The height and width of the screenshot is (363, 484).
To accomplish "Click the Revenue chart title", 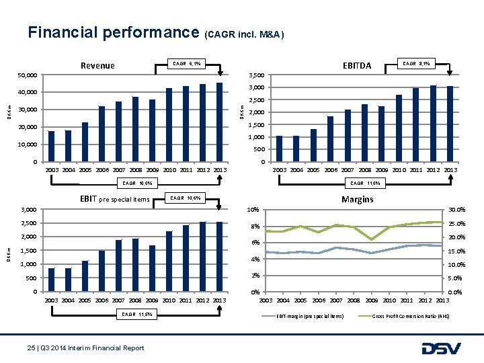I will pos(97,66).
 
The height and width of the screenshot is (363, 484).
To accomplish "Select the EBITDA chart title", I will pos(356,66).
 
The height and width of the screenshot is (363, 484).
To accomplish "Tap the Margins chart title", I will pos(357,199).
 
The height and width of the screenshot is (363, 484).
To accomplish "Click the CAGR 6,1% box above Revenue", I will pos(186,64).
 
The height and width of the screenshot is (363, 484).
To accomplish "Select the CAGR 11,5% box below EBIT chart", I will pos(136,315).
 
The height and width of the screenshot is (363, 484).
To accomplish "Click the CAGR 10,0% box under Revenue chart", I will pos(136,183).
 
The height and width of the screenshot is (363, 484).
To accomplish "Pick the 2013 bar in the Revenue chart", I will pos(220,122).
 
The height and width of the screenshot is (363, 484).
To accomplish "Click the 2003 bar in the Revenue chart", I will pos(52,146).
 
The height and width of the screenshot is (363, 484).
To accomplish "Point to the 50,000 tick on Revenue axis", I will pos(27,75).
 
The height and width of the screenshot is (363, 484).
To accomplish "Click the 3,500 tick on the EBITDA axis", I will pos(256,75).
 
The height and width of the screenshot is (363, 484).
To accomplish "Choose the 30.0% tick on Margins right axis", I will pos(456,210).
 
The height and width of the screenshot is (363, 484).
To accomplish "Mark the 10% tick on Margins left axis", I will pos(255,210).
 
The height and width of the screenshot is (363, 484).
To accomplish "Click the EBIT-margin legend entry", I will pos(310,316).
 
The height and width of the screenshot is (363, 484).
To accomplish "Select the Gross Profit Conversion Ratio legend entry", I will pos(409,316).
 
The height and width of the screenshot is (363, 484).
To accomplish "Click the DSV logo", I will pos(440,348).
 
